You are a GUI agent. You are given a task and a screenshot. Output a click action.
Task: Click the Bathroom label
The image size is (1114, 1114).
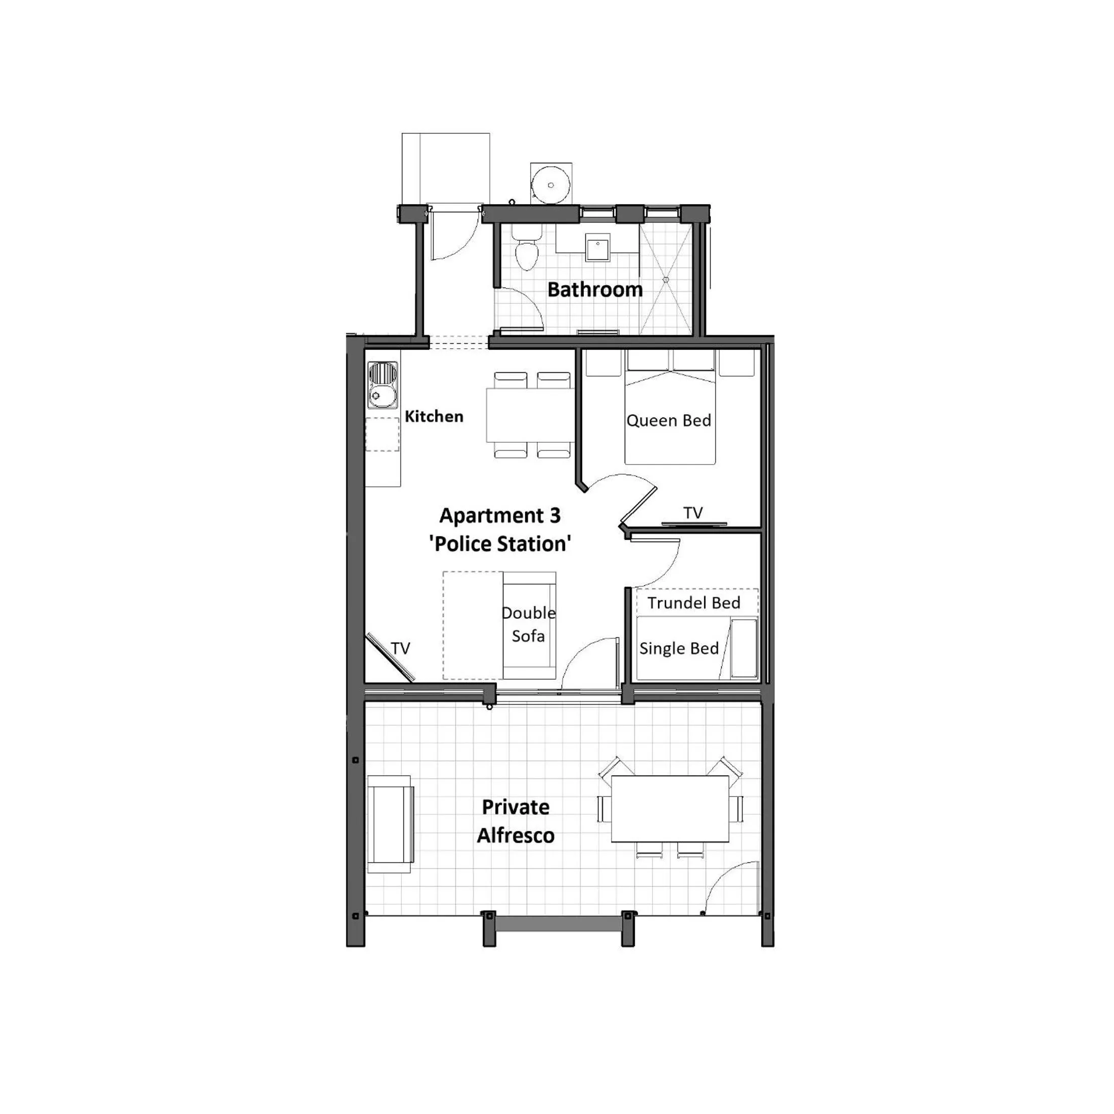tap(594, 290)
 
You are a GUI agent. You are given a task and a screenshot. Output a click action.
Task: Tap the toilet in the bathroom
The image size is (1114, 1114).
tap(525, 254)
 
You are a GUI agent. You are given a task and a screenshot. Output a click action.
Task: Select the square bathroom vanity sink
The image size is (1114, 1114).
tap(597, 247)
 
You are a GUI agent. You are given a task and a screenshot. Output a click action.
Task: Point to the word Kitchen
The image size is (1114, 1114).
tap(434, 416)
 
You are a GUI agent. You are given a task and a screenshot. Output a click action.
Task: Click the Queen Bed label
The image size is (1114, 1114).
tap(668, 421)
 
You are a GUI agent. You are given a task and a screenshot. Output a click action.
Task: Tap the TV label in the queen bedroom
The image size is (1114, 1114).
tap(692, 513)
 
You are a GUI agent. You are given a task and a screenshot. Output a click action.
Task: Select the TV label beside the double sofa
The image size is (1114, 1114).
tap(400, 648)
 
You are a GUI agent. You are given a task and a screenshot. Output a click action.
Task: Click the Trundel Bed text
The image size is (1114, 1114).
tap(693, 603)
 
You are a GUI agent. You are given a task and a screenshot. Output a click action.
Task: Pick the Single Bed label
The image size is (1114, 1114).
tap(679, 648)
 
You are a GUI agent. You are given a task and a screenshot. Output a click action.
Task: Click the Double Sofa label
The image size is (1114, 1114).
tap(528, 624)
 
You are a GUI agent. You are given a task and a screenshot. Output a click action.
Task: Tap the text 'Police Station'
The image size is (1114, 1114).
tap(500, 544)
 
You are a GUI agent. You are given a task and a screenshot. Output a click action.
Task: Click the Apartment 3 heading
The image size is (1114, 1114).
tap(500, 516)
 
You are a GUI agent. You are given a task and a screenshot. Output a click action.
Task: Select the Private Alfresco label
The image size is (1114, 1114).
tap(516, 821)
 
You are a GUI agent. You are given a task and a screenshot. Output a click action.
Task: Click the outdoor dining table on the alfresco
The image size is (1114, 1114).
tap(669, 808)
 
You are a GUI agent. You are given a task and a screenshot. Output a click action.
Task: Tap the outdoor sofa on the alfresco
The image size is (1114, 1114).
tap(389, 824)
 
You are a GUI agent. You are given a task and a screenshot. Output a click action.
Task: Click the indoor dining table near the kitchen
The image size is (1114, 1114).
tap(529, 415)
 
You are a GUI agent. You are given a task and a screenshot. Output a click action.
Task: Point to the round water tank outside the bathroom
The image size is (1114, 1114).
tap(550, 185)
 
